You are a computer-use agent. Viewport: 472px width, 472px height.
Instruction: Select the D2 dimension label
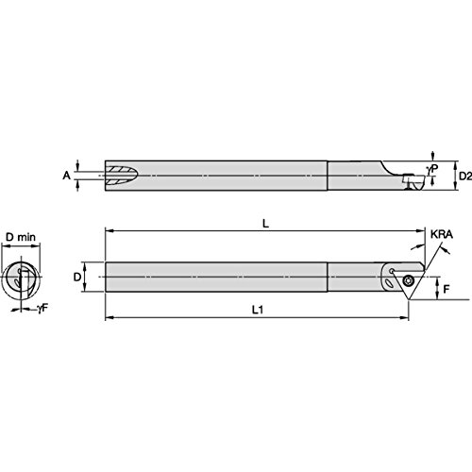click(463, 175)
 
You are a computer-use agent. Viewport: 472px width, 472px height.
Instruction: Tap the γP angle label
click(432, 166)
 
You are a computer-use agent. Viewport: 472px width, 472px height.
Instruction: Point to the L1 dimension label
click(257, 309)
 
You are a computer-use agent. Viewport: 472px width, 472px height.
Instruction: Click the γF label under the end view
click(44, 309)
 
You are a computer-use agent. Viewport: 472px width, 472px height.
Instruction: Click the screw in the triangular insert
click(408, 280)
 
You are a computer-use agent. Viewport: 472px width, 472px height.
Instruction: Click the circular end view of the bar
click(23, 278)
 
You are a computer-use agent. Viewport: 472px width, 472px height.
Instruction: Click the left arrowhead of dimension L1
click(109, 316)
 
